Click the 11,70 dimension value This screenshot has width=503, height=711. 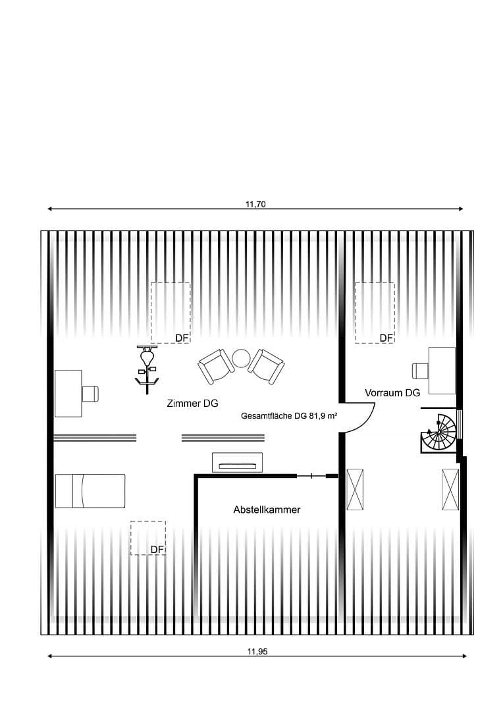click(255, 204)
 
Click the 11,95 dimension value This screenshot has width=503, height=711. click(257, 652)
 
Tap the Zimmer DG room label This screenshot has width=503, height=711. click(192, 404)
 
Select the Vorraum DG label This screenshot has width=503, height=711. click(392, 393)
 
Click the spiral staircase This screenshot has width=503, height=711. click(439, 433)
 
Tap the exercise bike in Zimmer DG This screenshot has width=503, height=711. click(146, 369)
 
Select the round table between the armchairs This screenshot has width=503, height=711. click(240, 359)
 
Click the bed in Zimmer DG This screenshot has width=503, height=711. click(90, 490)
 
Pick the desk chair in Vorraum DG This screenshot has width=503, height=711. click(420, 371)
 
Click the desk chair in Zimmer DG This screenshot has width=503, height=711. click(90, 393)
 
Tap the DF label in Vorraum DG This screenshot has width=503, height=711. click(386, 338)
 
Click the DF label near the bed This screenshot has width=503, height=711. click(157, 550)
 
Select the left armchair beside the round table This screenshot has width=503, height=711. click(215, 366)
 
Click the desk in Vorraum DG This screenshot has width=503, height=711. click(441, 371)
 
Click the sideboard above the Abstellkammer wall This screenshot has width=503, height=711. click(237, 463)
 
